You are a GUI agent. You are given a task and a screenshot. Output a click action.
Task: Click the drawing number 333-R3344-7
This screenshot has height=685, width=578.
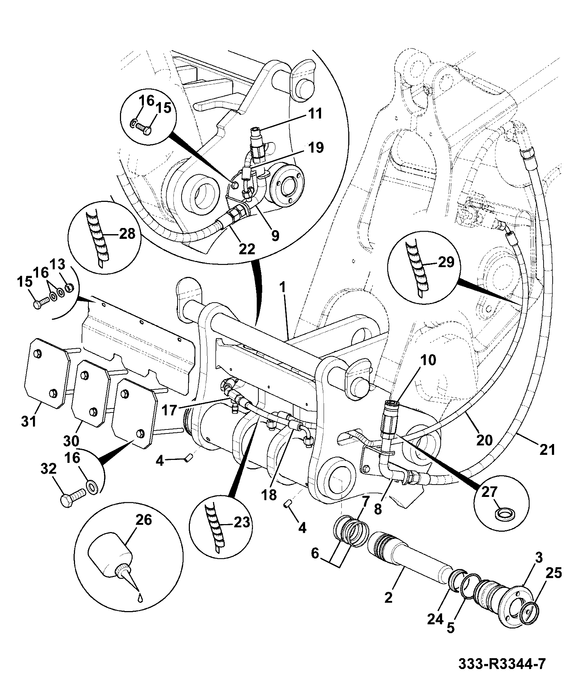502,664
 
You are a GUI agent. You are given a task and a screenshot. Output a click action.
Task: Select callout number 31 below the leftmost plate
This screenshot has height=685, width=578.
30,421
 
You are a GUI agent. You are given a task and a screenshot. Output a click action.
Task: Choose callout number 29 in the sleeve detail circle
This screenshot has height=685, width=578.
446,262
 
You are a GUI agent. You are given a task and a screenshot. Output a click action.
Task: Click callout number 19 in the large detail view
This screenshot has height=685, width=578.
316,148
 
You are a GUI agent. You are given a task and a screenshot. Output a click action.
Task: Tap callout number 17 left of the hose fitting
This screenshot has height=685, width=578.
169,410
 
